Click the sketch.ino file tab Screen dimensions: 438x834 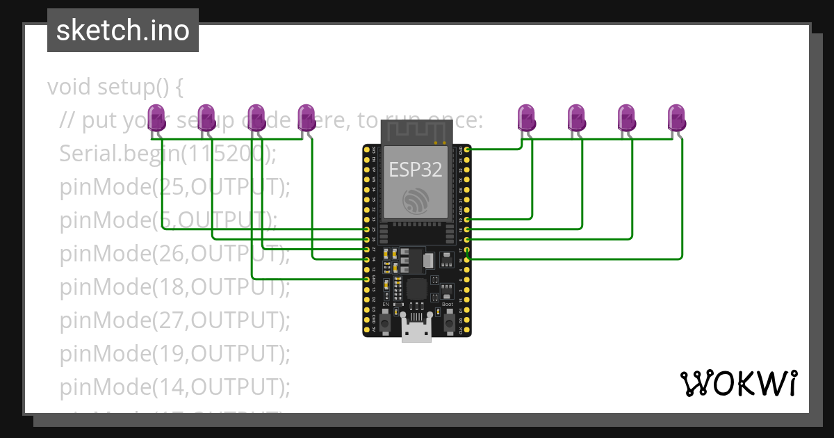pos(123,31)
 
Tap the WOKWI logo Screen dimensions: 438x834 pos(737,383)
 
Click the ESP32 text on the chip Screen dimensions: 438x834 pos(416,169)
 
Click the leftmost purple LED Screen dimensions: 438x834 pos(158,117)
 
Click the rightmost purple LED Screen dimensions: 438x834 pos(676,117)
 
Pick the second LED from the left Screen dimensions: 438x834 pos(206,117)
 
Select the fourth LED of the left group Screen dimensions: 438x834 pos(306,117)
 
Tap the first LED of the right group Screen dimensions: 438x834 pos(527,117)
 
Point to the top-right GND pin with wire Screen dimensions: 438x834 pos(467,149)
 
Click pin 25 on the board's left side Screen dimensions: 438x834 pos(367,229)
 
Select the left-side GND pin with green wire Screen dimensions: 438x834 pos(367,278)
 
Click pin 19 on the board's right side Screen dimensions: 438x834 pos(467,219)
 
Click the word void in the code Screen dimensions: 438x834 pos(70,88)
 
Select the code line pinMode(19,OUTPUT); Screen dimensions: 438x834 pos(174,354)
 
